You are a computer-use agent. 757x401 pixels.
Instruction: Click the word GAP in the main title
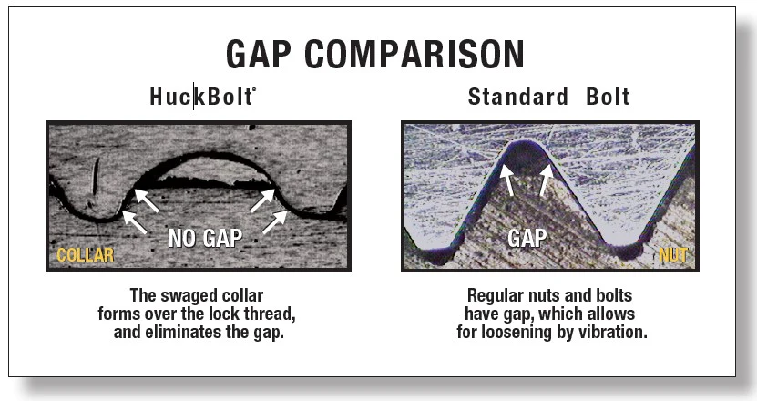click(259, 53)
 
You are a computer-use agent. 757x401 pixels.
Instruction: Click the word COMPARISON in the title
click(414, 53)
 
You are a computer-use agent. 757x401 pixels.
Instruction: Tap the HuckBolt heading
click(202, 97)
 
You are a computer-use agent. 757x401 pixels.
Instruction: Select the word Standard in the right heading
click(518, 97)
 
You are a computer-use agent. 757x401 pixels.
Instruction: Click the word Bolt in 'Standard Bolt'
click(608, 97)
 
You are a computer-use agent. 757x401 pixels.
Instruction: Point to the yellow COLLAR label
click(86, 254)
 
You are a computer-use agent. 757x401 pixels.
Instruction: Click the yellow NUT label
click(673, 254)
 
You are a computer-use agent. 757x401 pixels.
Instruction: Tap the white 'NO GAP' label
click(205, 238)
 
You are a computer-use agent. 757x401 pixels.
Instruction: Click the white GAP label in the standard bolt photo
click(527, 238)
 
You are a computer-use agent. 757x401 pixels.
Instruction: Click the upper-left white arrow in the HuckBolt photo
click(147, 200)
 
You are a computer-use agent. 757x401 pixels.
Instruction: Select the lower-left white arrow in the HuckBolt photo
click(134, 222)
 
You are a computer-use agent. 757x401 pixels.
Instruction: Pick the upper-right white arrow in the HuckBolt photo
click(262, 200)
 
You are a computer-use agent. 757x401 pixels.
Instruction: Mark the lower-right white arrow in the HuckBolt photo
click(275, 222)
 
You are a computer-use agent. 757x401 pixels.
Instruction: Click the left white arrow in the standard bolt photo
click(506, 180)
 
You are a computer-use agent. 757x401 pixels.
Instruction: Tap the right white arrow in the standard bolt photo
click(546, 180)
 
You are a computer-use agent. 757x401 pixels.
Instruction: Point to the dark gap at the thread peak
click(526, 158)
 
